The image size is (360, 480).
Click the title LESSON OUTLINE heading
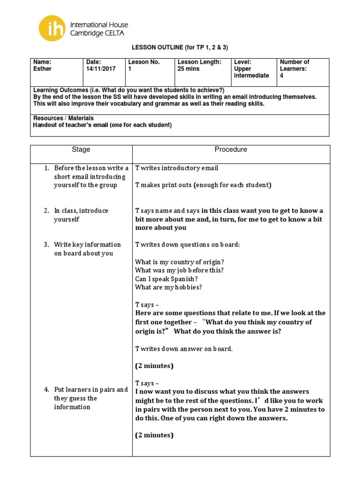(x=180, y=48)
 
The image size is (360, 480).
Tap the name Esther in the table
(x=42, y=69)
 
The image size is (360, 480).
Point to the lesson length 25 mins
(x=188, y=69)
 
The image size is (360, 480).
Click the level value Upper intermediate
(x=251, y=72)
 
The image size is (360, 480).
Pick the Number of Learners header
(x=294, y=65)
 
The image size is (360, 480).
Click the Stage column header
(x=81, y=150)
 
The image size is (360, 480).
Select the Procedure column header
(x=231, y=150)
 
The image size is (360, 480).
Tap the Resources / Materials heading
(x=63, y=118)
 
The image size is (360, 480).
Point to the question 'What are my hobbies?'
(x=168, y=287)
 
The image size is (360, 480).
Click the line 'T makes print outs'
(x=203, y=185)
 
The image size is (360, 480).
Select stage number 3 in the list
(x=47, y=245)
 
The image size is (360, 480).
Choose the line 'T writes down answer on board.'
(x=184, y=348)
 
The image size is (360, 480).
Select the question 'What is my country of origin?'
(x=179, y=262)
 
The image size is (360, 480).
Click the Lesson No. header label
(x=144, y=62)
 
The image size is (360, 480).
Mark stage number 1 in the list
(x=47, y=168)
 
